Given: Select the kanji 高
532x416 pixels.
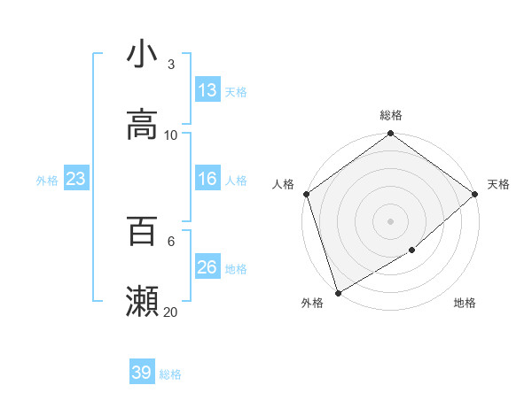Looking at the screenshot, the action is (x=142, y=125).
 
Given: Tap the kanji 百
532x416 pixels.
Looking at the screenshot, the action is (x=142, y=231).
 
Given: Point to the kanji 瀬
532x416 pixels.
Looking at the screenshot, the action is (x=142, y=302).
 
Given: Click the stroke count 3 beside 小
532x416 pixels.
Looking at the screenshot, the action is (x=170, y=65).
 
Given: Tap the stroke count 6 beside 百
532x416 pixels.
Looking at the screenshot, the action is (x=170, y=241).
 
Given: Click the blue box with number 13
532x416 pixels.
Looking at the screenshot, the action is (x=207, y=90).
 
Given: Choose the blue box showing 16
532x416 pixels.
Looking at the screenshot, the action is (x=207, y=179).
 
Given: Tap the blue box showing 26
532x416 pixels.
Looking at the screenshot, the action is (x=207, y=267).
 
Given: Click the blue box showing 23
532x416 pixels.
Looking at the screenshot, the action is (x=76, y=179).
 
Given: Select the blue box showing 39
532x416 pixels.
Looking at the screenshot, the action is (x=142, y=373).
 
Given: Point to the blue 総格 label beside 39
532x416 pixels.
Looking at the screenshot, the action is (x=170, y=374).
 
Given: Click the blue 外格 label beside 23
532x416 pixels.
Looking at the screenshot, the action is (x=47, y=181).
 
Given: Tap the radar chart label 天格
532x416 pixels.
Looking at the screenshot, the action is (x=498, y=184).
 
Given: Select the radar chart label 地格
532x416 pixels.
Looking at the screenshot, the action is (x=465, y=304).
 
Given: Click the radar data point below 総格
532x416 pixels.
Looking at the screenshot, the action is (x=390, y=135).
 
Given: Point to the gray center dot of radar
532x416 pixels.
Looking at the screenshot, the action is (x=390, y=221).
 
